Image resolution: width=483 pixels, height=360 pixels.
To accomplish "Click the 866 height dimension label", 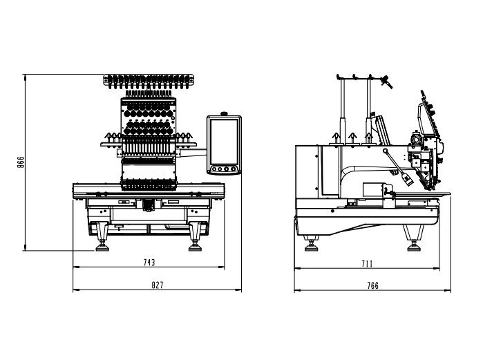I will click(x=21, y=162).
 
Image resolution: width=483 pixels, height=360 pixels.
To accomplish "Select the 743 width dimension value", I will click(x=149, y=262).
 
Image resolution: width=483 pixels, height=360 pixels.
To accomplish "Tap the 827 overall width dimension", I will click(x=158, y=285).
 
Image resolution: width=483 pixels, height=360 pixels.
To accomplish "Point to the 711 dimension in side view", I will click(x=367, y=263).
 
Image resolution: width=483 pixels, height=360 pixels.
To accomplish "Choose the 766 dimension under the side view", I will click(x=372, y=285).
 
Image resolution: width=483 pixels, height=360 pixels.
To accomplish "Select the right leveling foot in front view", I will click(x=196, y=241).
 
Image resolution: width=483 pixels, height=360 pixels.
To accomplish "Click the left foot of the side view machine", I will click(x=311, y=243).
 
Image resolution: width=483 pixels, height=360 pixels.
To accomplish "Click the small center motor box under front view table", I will click(x=146, y=204).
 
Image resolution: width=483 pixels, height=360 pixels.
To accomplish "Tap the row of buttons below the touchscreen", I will click(x=224, y=167).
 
